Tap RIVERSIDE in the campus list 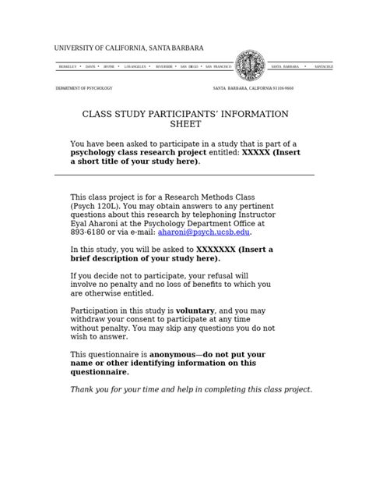click(x=166, y=67)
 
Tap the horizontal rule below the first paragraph click(x=184, y=176)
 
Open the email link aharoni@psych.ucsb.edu click(x=205, y=232)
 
